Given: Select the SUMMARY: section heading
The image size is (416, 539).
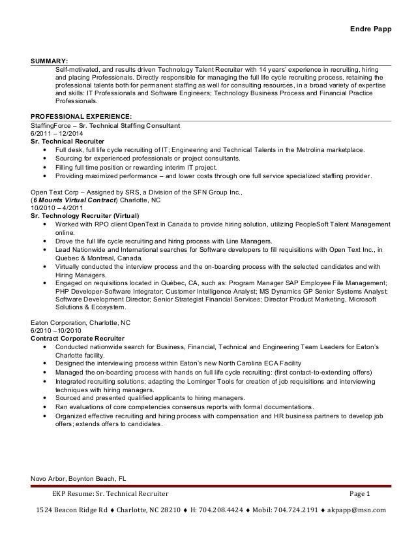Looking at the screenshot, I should pyautogui.click(x=50, y=60).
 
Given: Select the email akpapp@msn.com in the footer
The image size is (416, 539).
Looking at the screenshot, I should pyautogui.click(x=358, y=510).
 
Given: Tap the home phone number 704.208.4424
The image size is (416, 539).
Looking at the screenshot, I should pyautogui.click(x=224, y=510).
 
